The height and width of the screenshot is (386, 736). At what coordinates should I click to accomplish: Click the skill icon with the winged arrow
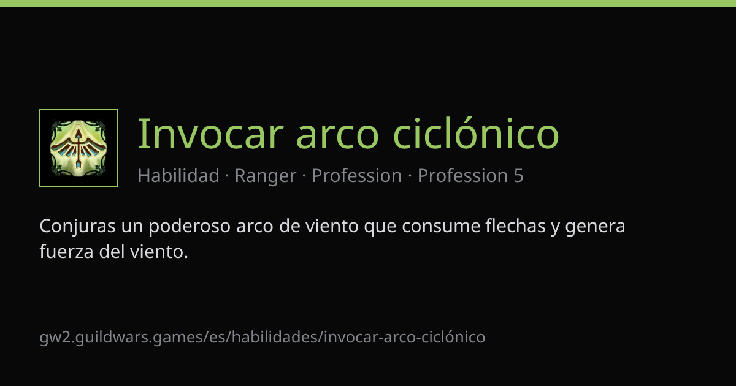[79, 148]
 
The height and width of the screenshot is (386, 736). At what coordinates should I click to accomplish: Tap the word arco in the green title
[338, 138]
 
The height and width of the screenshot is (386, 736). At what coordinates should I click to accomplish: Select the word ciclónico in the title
[476, 134]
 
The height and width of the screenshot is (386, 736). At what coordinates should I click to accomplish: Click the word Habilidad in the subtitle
[178, 175]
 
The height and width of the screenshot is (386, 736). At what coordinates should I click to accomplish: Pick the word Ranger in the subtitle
[266, 176]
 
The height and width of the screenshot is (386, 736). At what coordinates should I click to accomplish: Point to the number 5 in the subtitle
[518, 176]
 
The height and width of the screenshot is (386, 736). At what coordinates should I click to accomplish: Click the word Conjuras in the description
[77, 227]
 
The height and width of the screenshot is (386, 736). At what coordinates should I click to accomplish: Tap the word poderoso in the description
[190, 227]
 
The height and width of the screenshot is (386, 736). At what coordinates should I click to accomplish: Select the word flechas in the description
[515, 226]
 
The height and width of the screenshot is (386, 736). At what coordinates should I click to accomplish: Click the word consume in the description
[441, 228]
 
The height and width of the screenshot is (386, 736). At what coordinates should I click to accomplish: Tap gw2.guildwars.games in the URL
[121, 337]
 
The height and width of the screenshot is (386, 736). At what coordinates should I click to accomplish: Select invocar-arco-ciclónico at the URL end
[404, 337]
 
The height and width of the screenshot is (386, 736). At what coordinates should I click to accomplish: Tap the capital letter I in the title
[141, 134]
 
